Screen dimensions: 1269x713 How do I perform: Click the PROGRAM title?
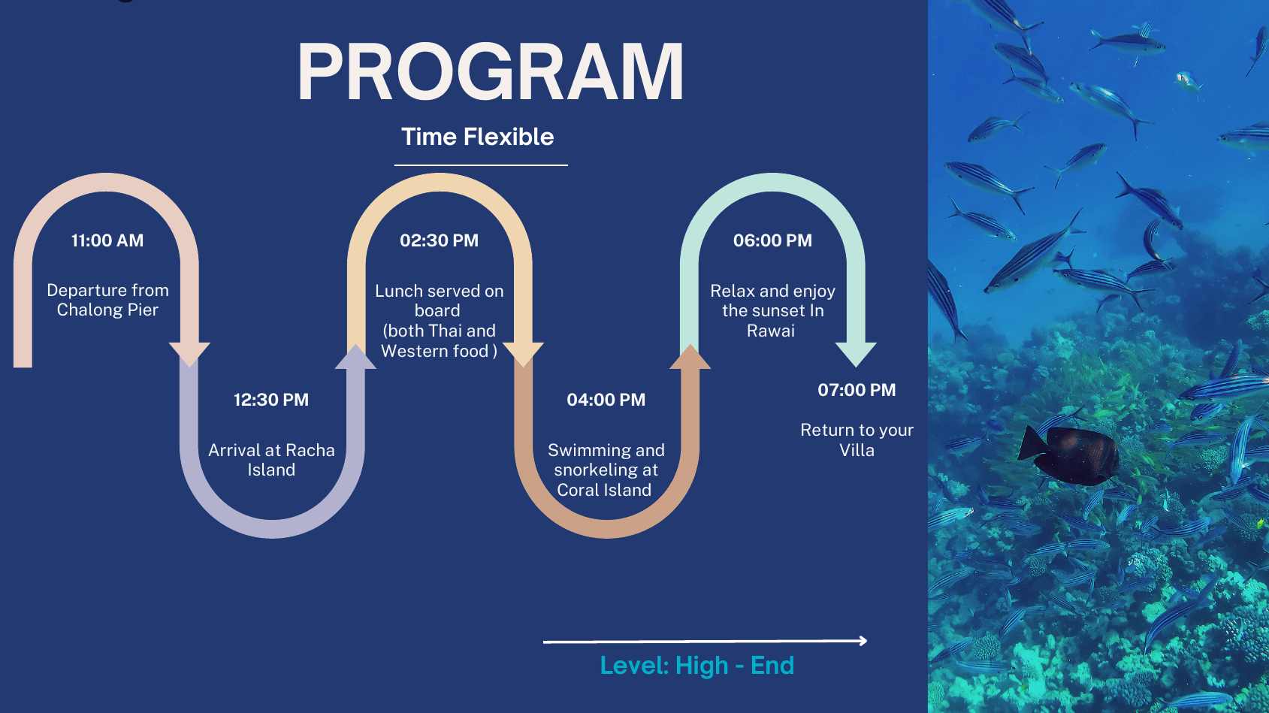[491, 72]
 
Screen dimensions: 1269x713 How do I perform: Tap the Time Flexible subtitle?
[478, 137]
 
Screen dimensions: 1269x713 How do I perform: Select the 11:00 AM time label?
[107, 240]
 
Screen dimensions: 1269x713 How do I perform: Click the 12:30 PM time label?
[271, 400]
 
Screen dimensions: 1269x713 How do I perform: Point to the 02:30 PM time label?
[439, 240]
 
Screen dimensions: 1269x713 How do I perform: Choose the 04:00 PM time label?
[606, 400]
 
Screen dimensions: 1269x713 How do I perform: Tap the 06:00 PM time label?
[772, 240]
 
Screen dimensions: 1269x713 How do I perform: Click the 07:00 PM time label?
[857, 390]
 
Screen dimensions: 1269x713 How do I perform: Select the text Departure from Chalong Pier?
[107, 300]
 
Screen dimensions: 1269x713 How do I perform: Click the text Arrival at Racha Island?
[271, 460]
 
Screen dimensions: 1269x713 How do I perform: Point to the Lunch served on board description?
[439, 321]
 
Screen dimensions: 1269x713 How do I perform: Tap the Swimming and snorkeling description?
[606, 470]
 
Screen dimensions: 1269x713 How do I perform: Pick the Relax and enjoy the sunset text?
[772, 311]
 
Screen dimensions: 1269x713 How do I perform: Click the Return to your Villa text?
[857, 440]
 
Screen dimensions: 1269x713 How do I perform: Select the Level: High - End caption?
[696, 666]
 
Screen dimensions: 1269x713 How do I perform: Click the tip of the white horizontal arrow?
[867, 641]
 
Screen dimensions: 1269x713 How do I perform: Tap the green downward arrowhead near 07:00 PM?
[856, 355]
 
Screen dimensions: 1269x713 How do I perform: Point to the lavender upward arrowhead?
[356, 357]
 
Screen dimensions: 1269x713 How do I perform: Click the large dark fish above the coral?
[1068, 455]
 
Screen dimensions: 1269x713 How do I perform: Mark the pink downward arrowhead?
[189, 355]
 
